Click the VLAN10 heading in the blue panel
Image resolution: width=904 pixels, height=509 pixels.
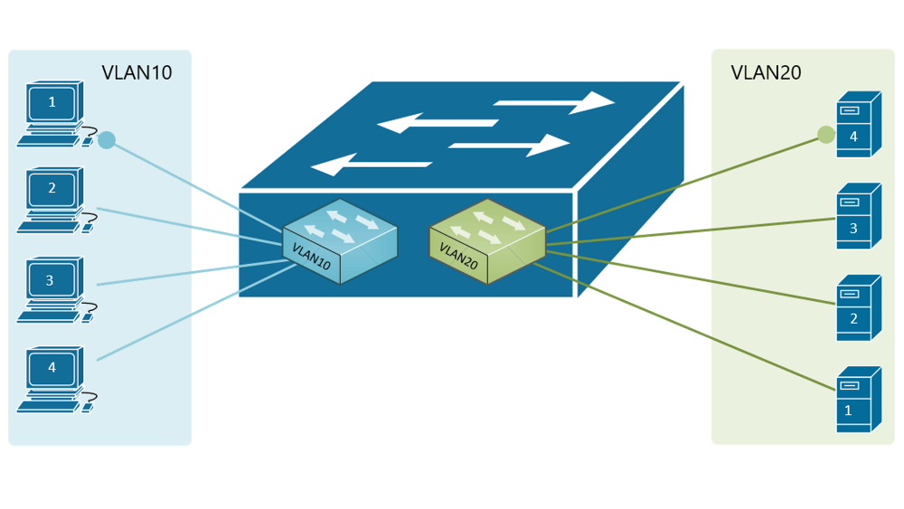click(x=136, y=73)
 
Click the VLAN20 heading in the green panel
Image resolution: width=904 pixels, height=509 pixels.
click(x=766, y=73)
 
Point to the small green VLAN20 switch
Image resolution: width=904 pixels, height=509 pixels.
click(x=487, y=240)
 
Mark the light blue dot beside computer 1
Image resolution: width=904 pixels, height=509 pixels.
click(x=107, y=140)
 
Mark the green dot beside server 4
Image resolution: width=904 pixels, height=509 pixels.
click(x=825, y=135)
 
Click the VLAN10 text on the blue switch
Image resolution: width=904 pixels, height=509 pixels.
click(x=311, y=255)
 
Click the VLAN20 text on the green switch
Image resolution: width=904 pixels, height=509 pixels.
click(x=458, y=255)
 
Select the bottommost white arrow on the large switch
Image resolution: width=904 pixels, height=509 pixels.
click(x=371, y=165)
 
